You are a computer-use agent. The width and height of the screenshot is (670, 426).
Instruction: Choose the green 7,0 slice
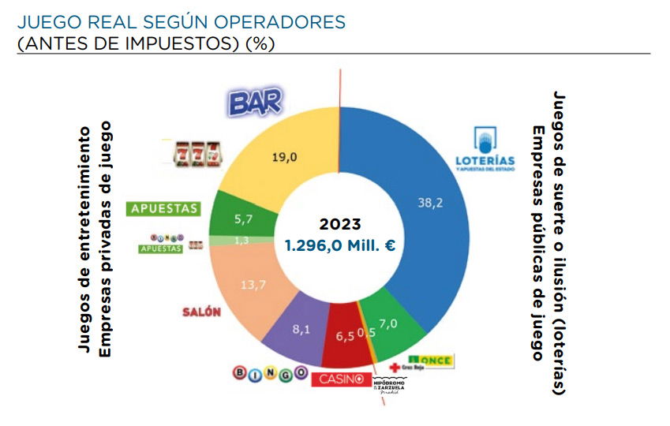point(388,321)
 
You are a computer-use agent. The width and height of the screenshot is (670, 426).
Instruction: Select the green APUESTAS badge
point(163,209)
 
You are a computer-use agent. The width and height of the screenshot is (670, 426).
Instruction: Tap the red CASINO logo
point(340,379)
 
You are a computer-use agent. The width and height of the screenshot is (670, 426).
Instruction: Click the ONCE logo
point(431,361)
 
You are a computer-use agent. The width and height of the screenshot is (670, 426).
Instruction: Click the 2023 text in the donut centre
point(339,224)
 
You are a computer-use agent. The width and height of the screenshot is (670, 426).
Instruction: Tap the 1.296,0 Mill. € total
point(339,245)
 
